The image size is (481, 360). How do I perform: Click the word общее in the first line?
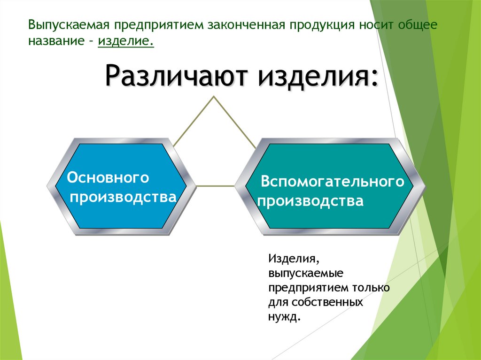click(x=419, y=24)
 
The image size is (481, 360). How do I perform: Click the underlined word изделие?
click(x=125, y=41)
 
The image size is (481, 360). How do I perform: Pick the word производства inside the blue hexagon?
click(x=123, y=197)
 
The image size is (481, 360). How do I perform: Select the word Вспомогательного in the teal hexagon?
click(x=333, y=182)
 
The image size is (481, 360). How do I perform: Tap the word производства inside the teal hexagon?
click(x=311, y=201)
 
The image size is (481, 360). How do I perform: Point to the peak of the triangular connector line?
click(x=215, y=97)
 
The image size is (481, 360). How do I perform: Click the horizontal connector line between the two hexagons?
click(x=215, y=186)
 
